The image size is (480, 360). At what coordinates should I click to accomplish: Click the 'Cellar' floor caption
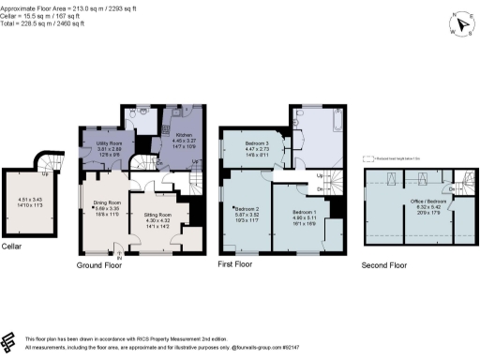coord(13,247)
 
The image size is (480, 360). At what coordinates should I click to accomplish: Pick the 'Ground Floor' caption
coord(100,265)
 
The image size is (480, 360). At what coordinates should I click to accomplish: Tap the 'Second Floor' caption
coord(384,265)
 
